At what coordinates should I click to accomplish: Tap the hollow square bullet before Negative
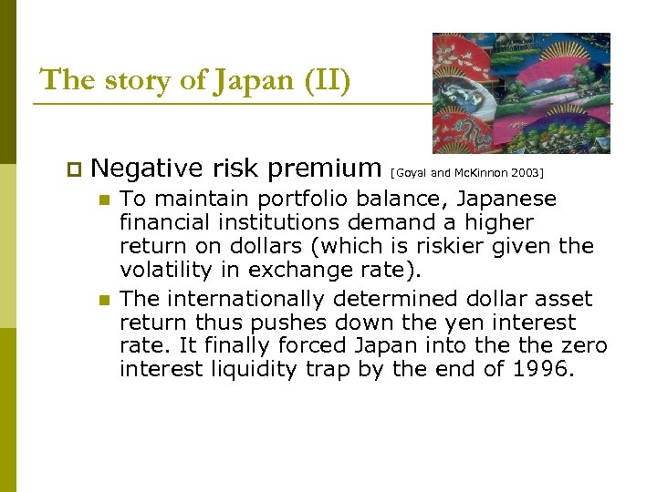[74, 169]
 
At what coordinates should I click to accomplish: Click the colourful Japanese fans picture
[521, 93]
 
